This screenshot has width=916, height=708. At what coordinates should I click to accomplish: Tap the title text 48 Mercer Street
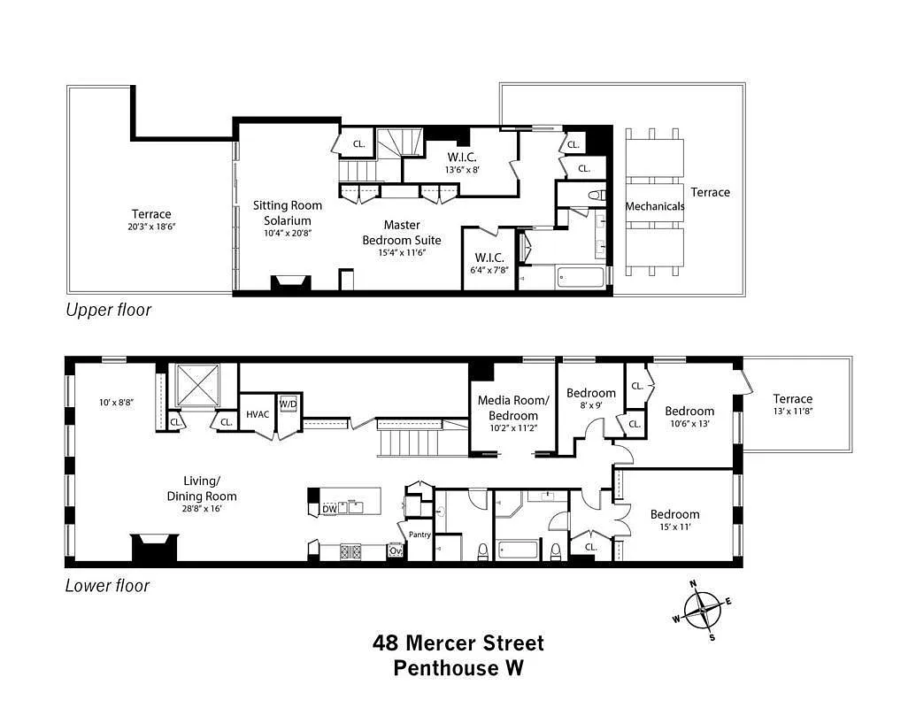pyautogui.click(x=458, y=643)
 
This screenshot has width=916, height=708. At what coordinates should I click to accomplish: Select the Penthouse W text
pyautogui.click(x=458, y=667)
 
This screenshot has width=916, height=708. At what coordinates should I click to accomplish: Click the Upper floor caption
pyautogui.click(x=108, y=310)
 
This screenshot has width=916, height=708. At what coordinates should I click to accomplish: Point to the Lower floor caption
pyautogui.click(x=107, y=585)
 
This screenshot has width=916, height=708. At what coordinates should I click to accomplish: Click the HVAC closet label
pyautogui.click(x=257, y=414)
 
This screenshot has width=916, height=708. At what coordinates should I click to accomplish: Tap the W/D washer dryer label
pyautogui.click(x=288, y=404)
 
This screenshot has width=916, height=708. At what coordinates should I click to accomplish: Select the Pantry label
pyautogui.click(x=420, y=535)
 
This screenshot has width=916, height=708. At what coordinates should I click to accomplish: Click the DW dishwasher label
pyautogui.click(x=328, y=509)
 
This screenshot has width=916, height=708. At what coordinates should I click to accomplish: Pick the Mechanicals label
pyautogui.click(x=655, y=206)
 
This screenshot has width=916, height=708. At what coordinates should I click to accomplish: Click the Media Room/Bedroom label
pyautogui.click(x=513, y=408)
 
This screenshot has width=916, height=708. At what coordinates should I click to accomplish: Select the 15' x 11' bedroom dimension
pyautogui.click(x=674, y=528)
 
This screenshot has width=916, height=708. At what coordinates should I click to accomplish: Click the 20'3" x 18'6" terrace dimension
pyautogui.click(x=151, y=227)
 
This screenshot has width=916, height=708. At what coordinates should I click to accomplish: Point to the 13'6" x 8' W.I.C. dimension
pyautogui.click(x=463, y=170)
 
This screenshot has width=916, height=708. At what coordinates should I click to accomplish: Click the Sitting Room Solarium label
pyautogui.click(x=288, y=212)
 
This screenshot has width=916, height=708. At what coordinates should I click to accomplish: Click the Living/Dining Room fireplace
pyautogui.click(x=155, y=547)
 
